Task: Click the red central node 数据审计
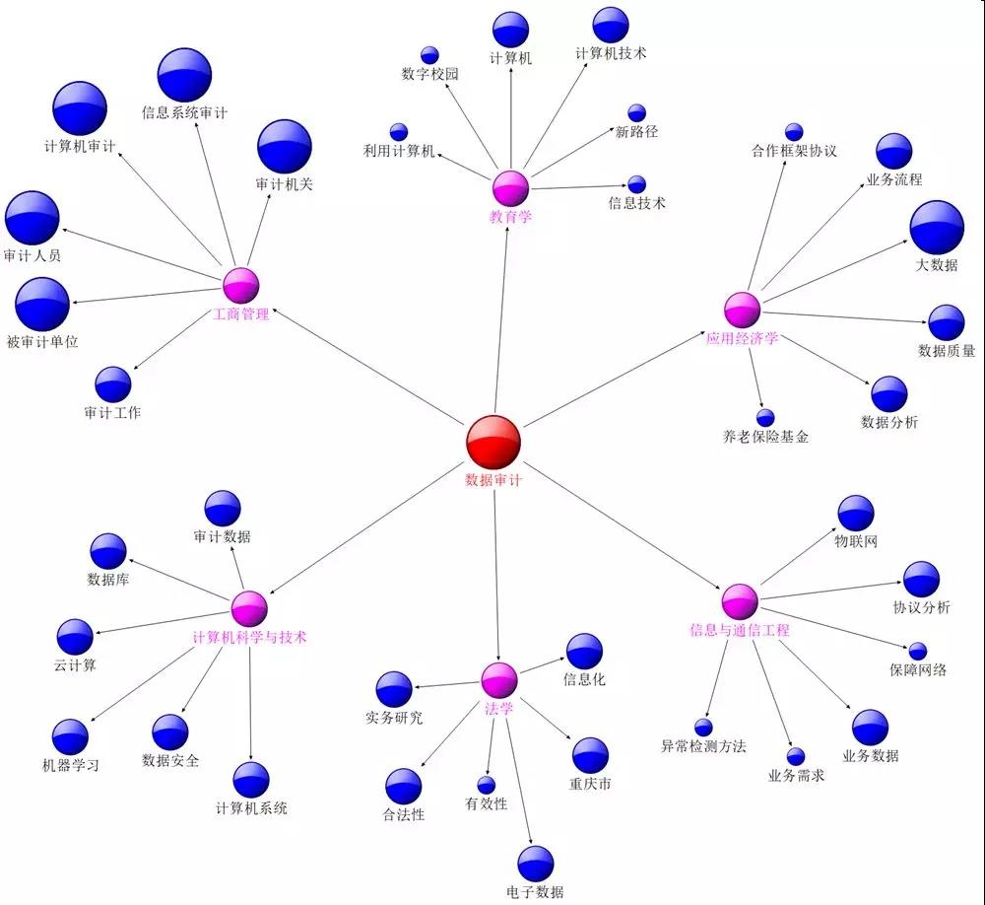coord(493,442)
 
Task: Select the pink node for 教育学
coord(510,188)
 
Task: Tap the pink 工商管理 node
coord(241,286)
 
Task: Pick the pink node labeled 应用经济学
coord(743,311)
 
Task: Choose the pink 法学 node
coord(499,680)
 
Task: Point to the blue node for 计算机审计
coord(80,108)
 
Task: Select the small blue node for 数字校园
coord(429,55)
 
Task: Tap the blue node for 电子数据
coord(536,864)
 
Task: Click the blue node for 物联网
coord(856,514)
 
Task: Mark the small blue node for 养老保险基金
coord(765,418)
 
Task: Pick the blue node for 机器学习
coord(70,737)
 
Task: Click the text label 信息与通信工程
coord(740,630)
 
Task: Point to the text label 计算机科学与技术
coord(249,637)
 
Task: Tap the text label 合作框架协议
coord(794,151)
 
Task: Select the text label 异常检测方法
coord(703,746)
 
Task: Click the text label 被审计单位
coord(42,341)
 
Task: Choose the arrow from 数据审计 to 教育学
coord(501,315)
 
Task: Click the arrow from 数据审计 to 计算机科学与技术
coord(366,529)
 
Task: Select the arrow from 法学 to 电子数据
coord(519,776)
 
